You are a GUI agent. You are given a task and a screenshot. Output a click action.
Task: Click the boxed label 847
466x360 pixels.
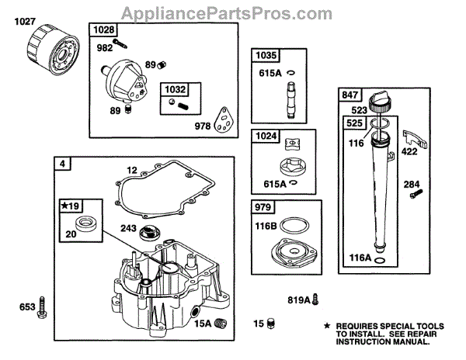pos(349,95)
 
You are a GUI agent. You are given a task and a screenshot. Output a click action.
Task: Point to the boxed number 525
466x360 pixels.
pos(353,123)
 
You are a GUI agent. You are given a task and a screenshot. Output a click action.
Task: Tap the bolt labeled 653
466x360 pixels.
pos(43,307)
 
